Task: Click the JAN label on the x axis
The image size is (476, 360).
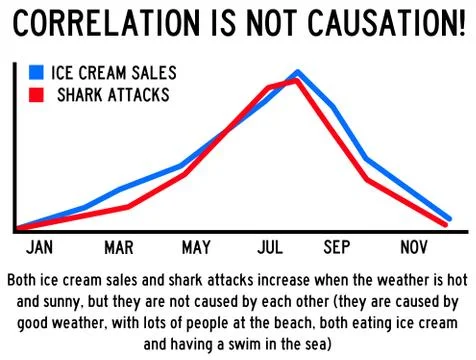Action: pyautogui.click(x=39, y=247)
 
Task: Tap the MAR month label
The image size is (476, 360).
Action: pyautogui.click(x=118, y=247)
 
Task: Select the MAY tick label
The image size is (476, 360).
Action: pyautogui.click(x=197, y=247)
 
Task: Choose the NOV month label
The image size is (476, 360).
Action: pyautogui.click(x=413, y=247)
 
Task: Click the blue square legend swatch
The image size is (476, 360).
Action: pyautogui.click(x=37, y=73)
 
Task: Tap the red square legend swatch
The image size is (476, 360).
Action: pyautogui.click(x=37, y=95)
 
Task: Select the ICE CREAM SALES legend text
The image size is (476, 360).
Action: pyautogui.click(x=114, y=73)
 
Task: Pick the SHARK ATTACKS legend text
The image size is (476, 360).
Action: pyautogui.click(x=113, y=95)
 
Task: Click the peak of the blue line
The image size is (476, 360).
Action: pyautogui.click(x=297, y=72)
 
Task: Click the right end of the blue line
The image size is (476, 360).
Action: pyautogui.click(x=450, y=218)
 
